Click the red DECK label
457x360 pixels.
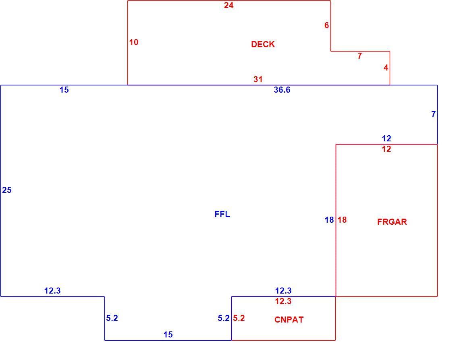point(263,44)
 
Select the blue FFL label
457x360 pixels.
point(222,214)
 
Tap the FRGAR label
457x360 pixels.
point(392,222)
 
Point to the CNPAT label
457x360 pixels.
point(289,320)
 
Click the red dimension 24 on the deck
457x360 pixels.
point(229,5)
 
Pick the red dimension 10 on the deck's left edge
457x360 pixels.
point(134,43)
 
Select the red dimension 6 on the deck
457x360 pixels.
point(327,25)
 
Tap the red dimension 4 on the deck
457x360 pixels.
point(386,68)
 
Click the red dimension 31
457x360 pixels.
point(258,79)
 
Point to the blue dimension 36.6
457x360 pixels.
point(282,90)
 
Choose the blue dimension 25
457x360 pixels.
point(7,190)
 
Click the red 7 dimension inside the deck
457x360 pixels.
point(359,56)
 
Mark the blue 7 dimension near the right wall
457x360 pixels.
point(433,114)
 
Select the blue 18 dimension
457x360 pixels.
point(329,220)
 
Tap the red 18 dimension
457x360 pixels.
point(342,220)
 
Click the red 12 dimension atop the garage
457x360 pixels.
point(386,149)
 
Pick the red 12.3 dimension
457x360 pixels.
point(283,301)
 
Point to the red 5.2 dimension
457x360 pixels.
point(239,319)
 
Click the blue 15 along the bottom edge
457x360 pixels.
point(168,335)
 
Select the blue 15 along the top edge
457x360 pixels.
point(64,90)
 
